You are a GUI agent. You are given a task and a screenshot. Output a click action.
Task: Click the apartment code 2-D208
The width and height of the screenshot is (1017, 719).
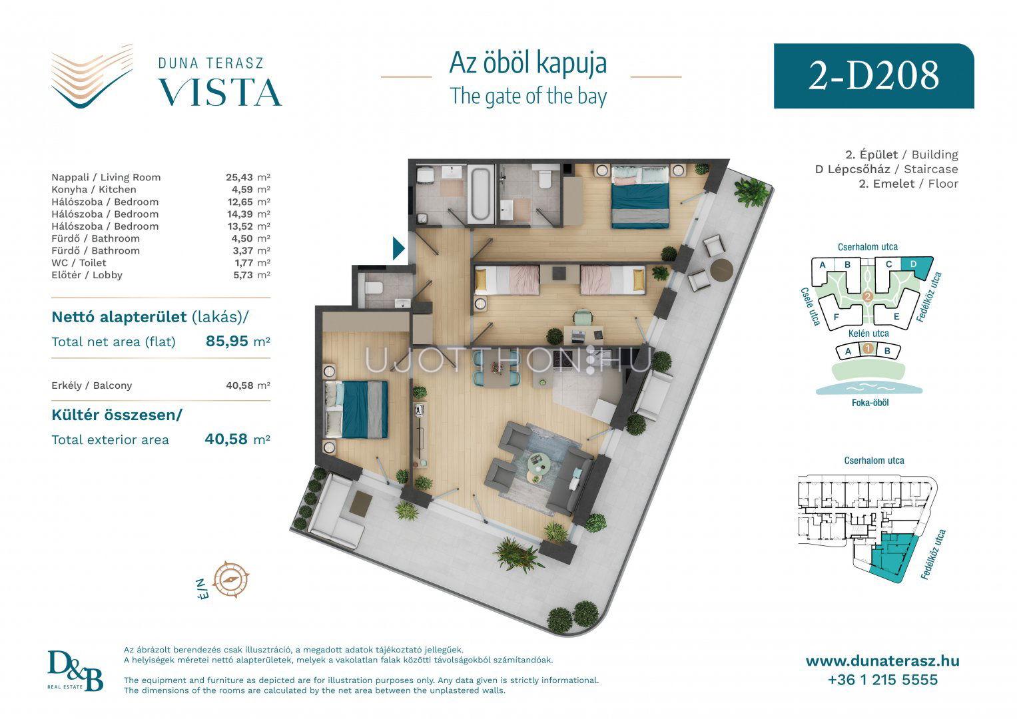pyautogui.click(x=874, y=76)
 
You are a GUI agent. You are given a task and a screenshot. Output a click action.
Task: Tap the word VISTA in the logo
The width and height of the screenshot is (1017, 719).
pyautogui.click(x=220, y=93)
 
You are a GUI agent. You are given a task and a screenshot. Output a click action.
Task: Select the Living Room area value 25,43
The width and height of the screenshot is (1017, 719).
pyautogui.click(x=240, y=178)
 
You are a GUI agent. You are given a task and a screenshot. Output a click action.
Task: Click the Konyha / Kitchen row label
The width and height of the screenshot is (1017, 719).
pyautogui.click(x=93, y=190)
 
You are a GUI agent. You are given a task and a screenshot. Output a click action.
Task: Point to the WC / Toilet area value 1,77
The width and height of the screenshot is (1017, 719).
pyautogui.click(x=243, y=263)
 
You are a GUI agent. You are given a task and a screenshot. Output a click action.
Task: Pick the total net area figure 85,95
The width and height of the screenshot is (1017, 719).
pyautogui.click(x=227, y=341)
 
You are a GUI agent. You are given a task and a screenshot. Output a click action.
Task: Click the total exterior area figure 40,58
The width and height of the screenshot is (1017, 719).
pyautogui.click(x=226, y=439)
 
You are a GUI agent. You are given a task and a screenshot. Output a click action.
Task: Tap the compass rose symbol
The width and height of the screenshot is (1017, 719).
pyautogui.click(x=231, y=580)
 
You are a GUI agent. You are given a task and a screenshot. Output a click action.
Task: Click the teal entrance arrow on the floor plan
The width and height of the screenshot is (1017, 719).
pyautogui.click(x=398, y=248)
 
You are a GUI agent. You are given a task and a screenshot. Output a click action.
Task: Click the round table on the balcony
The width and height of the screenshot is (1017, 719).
pyautogui.click(x=721, y=270)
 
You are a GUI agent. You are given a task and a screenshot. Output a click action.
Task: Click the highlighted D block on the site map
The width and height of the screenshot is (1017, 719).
pyautogui.click(x=916, y=268)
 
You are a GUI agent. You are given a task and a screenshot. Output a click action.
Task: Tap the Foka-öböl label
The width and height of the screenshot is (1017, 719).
pyautogui.click(x=870, y=403)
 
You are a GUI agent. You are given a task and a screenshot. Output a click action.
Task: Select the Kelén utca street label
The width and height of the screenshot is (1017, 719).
pyautogui.click(x=868, y=334)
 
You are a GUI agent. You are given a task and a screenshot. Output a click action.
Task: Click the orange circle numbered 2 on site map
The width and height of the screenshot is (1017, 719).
pyautogui.click(x=868, y=298)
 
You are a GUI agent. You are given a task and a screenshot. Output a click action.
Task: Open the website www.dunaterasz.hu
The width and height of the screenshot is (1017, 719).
pyautogui.click(x=882, y=661)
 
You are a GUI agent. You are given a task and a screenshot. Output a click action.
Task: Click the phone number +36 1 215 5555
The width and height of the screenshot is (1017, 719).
pyautogui.click(x=882, y=680)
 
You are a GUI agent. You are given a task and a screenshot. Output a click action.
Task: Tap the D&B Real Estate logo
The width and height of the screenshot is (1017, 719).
pyautogui.click(x=75, y=671)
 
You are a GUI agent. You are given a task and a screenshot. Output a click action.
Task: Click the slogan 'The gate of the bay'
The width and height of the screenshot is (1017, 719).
pyautogui.click(x=528, y=97)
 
